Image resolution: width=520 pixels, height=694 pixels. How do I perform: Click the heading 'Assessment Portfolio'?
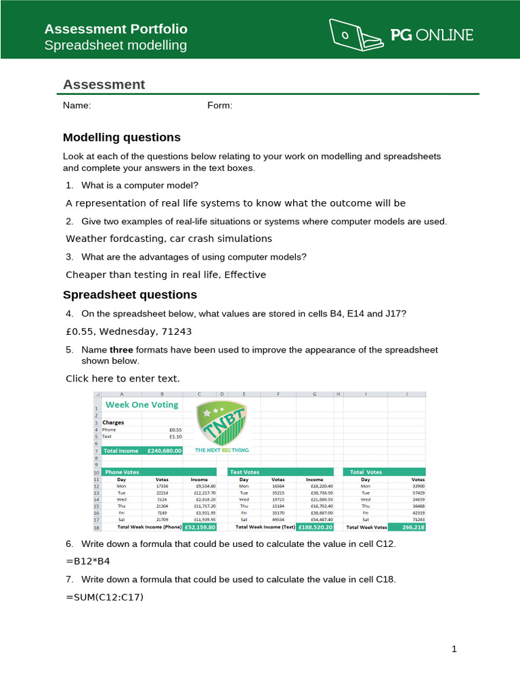[x=116, y=28]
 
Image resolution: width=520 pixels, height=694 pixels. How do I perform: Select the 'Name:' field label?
[x=77, y=105]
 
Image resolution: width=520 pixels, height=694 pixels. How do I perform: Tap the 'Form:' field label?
[x=219, y=105]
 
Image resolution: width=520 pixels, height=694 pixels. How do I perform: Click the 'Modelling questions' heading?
[x=122, y=138]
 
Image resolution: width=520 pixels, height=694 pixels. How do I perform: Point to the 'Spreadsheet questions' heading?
[x=130, y=295]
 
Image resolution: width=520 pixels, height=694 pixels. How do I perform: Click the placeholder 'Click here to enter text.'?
[x=123, y=378]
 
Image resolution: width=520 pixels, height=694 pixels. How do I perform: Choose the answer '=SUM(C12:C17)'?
[x=105, y=596]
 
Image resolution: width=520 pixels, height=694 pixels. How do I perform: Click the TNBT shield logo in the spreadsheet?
[x=221, y=422]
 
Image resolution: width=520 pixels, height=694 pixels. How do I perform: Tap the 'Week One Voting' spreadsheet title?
[x=142, y=405]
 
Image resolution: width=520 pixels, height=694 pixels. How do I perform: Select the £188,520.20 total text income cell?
[x=314, y=527]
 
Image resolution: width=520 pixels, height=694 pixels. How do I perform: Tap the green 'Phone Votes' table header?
[x=158, y=472]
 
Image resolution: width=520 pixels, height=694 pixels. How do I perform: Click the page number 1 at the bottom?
[x=455, y=649]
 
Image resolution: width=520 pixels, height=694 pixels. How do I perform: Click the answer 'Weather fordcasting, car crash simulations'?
[x=169, y=239]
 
